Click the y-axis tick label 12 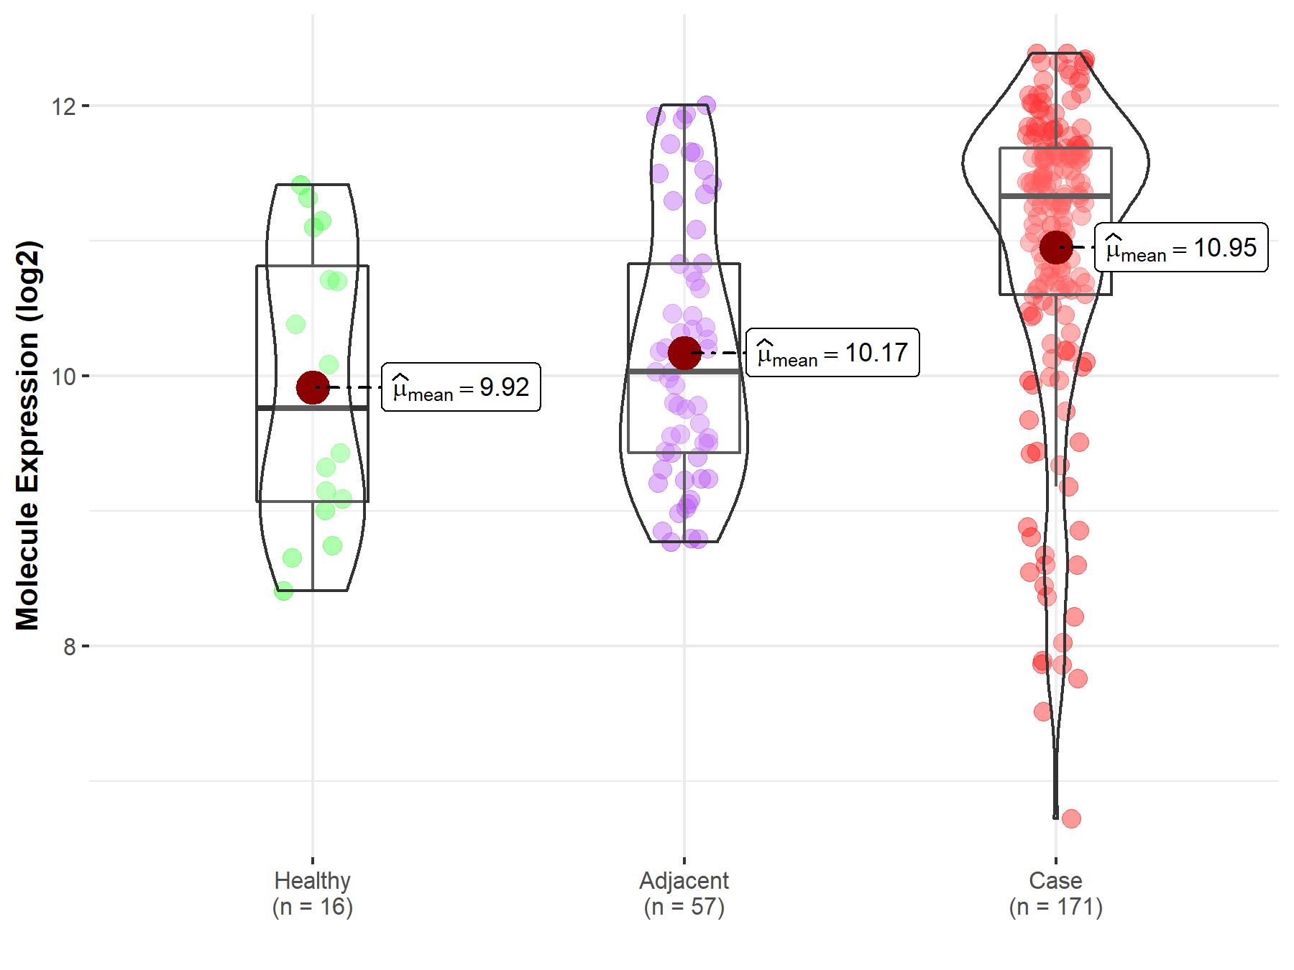[63, 106]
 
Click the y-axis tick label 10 [63, 377]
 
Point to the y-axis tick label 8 [69, 647]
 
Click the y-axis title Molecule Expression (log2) [27, 435]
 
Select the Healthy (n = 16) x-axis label [313, 893]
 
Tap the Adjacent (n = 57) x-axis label [684, 893]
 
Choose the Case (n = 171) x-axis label [1055, 893]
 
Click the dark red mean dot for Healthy [313, 387]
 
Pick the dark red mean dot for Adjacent [684, 353]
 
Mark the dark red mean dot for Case [1056, 247]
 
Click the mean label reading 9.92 [461, 387]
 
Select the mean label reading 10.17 [832, 353]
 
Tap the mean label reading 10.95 [1181, 247]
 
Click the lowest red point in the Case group [1071, 818]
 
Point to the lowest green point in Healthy [284, 591]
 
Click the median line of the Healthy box [313, 408]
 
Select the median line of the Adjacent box [684, 371]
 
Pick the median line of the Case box [1056, 195]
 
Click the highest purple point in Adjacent [707, 105]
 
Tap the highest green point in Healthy [301, 185]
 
